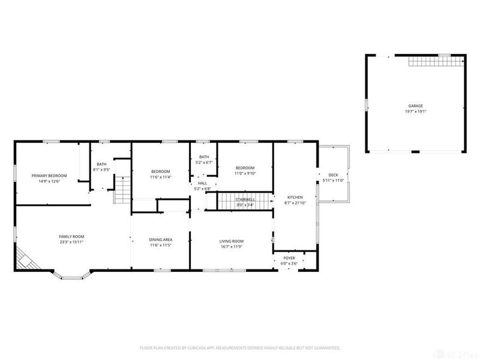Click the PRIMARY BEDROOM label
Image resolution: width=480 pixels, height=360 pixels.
point(49,175)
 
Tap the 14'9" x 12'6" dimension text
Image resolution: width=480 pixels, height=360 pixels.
point(49,181)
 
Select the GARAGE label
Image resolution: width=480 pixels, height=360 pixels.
point(416,106)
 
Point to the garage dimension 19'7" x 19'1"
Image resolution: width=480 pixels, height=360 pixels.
point(416,111)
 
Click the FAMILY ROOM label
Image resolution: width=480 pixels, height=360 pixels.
point(71,236)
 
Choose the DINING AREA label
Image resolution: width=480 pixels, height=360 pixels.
point(160,240)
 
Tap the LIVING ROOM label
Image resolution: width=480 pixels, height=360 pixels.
point(232,241)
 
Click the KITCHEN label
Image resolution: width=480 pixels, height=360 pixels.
point(295,197)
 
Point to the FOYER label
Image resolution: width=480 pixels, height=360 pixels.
point(290,259)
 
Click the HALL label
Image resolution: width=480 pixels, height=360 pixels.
point(202,183)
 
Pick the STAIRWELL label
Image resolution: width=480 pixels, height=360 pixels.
point(244,199)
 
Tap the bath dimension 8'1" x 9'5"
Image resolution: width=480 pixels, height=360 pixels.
point(101,170)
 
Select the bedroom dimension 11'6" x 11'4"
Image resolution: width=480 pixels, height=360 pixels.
point(160,177)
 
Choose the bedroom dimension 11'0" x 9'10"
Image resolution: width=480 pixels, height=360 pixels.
point(245,173)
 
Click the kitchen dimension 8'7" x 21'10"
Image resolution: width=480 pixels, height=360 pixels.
point(295,203)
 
